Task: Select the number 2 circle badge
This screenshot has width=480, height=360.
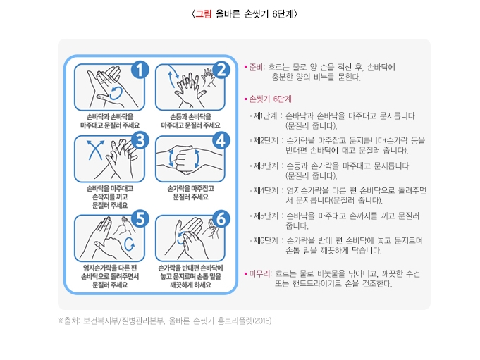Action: pyautogui.click(x=221, y=69)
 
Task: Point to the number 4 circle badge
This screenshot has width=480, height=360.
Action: pyautogui.click(x=221, y=140)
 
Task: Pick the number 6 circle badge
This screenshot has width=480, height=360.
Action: pyautogui.click(x=221, y=220)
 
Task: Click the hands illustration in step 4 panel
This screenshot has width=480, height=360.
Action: pyautogui.click(x=190, y=158)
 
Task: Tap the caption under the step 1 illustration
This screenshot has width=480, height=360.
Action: pyautogui.click(x=109, y=120)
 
